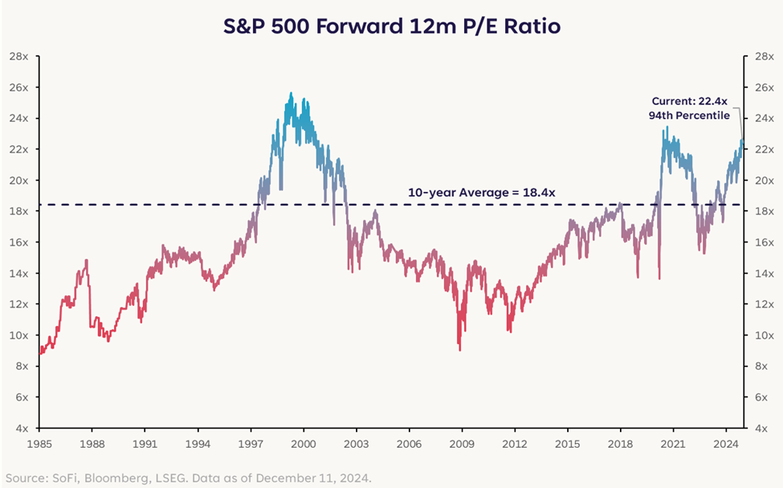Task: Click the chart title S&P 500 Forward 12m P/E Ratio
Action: pos(392,26)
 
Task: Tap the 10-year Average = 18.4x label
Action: pos(481,193)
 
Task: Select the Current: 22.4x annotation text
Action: pos(689,101)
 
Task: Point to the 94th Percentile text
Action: pos(689,116)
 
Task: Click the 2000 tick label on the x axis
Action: pos(303,444)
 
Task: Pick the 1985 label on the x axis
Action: pos(39,444)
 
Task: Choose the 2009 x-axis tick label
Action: pos(462,444)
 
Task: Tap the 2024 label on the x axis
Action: pos(726,444)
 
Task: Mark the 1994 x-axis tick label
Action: pos(198,444)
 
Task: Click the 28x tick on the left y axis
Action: pos(19,56)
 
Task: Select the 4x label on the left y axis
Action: pos(22,428)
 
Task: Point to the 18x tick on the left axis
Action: pos(19,211)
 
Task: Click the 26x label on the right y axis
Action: pos(765,87)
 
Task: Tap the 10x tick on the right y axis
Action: pos(765,335)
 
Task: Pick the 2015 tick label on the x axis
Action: pos(567,444)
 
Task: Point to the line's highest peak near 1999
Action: pos(292,93)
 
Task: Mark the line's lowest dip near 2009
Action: pos(459,350)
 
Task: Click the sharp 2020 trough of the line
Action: pos(659,279)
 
